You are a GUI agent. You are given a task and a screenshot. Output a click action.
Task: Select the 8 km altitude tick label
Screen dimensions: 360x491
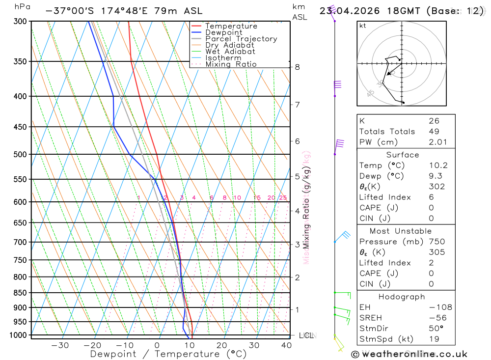tap(298, 67)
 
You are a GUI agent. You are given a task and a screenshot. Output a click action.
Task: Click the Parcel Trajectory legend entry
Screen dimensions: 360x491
tap(241, 39)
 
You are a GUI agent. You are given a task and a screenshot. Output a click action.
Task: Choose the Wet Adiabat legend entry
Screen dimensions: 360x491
tap(230, 52)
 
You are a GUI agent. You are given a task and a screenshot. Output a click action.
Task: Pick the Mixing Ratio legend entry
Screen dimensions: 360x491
tap(231, 64)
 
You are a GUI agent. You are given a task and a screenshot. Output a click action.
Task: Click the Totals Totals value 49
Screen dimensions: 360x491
tap(434, 132)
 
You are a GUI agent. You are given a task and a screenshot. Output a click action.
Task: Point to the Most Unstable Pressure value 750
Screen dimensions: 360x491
tap(436, 242)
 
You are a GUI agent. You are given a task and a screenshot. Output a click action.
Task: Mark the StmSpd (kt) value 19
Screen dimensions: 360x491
tap(434, 339)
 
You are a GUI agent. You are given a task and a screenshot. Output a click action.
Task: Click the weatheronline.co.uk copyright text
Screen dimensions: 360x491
tap(409, 354)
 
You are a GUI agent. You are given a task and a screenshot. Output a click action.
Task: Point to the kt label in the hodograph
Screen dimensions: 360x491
tap(363, 26)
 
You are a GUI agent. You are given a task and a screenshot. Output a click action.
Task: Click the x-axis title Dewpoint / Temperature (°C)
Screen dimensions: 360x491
tap(168, 354)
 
